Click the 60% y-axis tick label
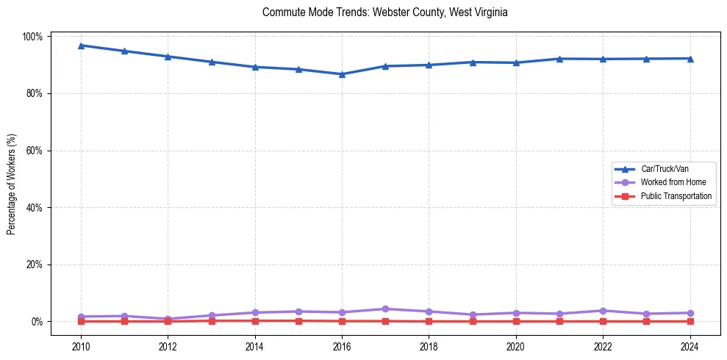[34, 151]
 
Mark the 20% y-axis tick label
[34, 264]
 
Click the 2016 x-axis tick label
[342, 347]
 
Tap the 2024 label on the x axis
[690, 347]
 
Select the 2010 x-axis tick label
[81, 347]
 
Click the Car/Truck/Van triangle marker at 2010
[81, 46]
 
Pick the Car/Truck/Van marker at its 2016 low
[342, 74]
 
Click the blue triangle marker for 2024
[690, 59]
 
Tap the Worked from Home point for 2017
[385, 309]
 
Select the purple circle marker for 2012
[168, 319]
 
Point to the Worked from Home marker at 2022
[603, 311]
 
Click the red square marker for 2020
[516, 321]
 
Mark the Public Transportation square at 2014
[255, 320]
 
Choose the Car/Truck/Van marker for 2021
[559, 59]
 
